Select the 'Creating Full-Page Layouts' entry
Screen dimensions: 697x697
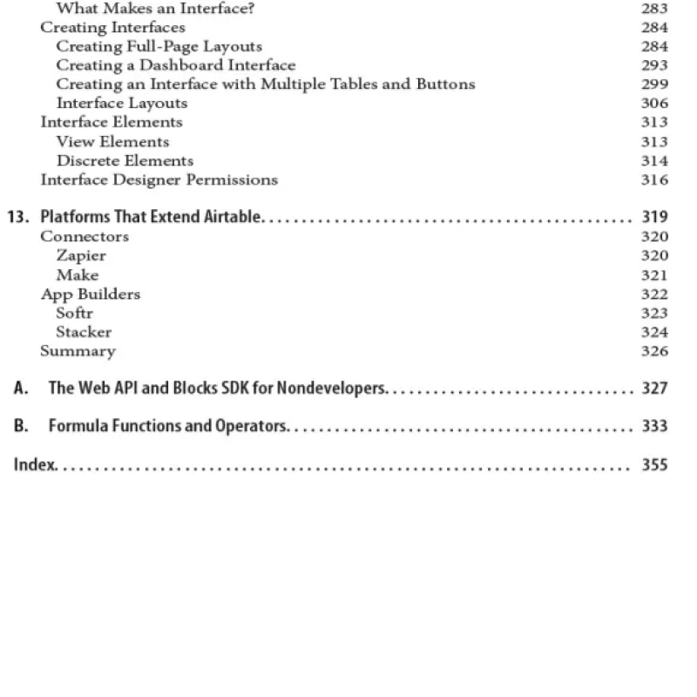click(x=159, y=46)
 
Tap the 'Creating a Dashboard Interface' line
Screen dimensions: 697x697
click(x=175, y=65)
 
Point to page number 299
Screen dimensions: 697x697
click(x=654, y=85)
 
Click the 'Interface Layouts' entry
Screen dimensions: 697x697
click(x=121, y=103)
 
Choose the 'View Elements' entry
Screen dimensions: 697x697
click(x=112, y=141)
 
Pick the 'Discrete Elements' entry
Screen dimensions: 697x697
click(x=125, y=160)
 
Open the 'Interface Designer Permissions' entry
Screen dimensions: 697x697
click(x=159, y=179)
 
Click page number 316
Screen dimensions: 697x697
click(x=654, y=179)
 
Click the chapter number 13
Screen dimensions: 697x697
click(x=17, y=217)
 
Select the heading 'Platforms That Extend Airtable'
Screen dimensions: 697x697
click(x=150, y=217)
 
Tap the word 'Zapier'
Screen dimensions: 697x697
click(x=81, y=255)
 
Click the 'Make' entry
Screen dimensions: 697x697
click(x=78, y=274)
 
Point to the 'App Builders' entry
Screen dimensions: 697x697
click(x=90, y=294)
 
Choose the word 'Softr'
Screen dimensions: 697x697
click(x=74, y=313)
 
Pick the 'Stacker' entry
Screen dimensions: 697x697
click(x=84, y=332)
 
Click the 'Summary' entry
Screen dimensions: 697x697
click(x=78, y=351)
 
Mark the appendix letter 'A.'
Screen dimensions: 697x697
click(x=21, y=389)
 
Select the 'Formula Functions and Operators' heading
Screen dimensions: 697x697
click(x=167, y=426)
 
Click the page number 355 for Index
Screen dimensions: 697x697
click(x=654, y=464)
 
